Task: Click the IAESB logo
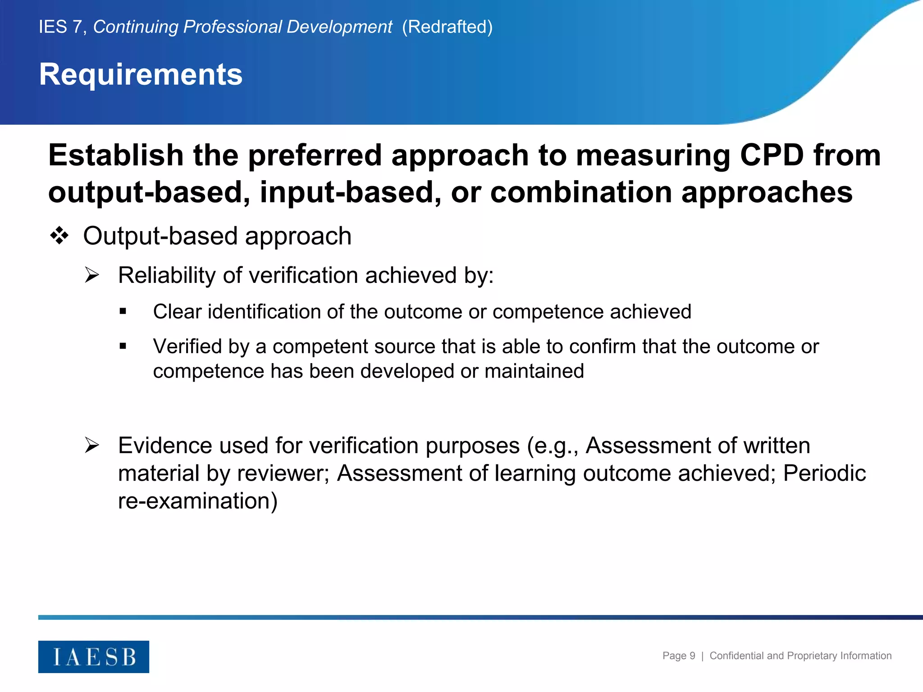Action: click(x=94, y=656)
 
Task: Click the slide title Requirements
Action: click(x=141, y=74)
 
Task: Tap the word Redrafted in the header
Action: click(x=447, y=27)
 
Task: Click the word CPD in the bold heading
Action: click(x=772, y=155)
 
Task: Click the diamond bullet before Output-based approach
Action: click(x=59, y=236)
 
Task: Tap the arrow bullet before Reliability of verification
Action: click(x=92, y=275)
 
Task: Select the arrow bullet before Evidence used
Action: click(x=92, y=445)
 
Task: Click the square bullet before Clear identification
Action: click(x=123, y=311)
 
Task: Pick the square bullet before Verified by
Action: click(x=123, y=346)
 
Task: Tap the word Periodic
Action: click(x=824, y=473)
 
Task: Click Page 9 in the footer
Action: click(x=678, y=656)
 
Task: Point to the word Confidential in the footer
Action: click(x=737, y=656)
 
